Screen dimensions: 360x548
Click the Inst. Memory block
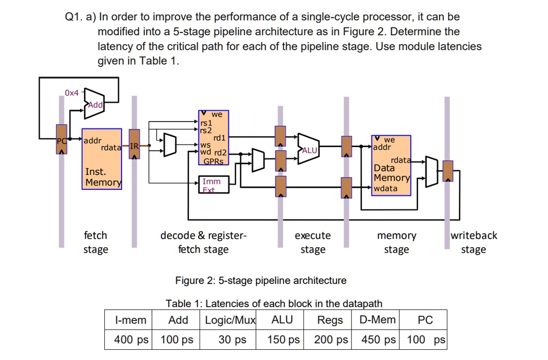tap(102, 159)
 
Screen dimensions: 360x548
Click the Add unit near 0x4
tap(94, 102)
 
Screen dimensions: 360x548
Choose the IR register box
tap(134, 143)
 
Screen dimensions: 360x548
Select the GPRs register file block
tap(214, 137)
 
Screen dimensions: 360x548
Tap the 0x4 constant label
tap(72, 93)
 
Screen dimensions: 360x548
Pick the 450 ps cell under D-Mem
tap(378, 339)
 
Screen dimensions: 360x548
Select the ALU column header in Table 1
tap(282, 320)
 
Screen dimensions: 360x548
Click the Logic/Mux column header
tap(231, 320)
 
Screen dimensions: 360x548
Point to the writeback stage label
tap(473, 242)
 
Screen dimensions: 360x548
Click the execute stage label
tap(313, 242)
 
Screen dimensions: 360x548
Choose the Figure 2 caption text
tap(261, 280)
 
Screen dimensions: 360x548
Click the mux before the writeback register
tap(431, 172)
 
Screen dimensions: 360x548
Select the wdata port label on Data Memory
tap(385, 189)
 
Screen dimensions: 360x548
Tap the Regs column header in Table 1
tap(330, 320)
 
